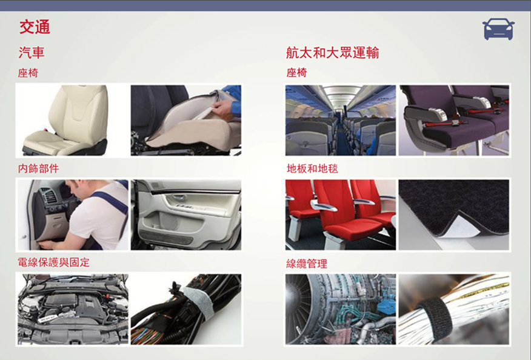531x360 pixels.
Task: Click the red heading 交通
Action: (35, 27)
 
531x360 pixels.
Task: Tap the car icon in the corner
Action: (498, 29)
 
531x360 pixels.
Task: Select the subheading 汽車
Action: (32, 53)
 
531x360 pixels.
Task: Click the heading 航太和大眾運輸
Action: (332, 53)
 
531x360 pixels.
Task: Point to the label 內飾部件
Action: (38, 168)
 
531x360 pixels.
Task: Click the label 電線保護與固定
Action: (53, 262)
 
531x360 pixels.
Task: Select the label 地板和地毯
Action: (312, 168)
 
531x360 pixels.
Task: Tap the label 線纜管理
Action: (307, 264)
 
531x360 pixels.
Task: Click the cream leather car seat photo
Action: (72, 120)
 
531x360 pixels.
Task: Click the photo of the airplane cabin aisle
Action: (340, 120)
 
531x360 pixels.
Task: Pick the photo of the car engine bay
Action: (73, 310)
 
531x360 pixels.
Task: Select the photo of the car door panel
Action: (186, 215)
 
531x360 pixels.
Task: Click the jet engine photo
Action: (340, 310)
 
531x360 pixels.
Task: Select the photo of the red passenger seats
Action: (340, 215)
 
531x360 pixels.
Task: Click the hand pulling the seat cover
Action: (222, 109)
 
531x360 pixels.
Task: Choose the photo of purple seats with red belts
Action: (454, 120)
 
